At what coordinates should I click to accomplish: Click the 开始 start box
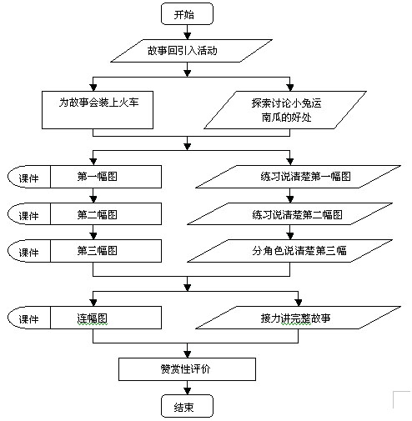pos(187,14)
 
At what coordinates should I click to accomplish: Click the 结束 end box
pos(187,406)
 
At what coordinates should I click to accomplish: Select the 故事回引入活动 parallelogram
pos(191,51)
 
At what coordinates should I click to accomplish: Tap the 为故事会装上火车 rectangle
pos(98,110)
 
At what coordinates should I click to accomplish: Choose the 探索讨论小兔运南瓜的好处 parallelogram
pos(285,110)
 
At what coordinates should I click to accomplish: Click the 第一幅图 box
pos(106,177)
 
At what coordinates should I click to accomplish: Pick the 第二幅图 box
pos(106,214)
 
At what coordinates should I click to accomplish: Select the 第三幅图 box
pos(106,251)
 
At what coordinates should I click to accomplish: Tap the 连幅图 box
pos(106,318)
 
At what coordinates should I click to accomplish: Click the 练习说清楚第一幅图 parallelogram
pos(299,177)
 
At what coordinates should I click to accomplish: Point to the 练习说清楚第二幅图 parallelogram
pos(290,214)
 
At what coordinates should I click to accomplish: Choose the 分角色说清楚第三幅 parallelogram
pos(290,251)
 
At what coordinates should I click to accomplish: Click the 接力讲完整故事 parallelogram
pos(299,318)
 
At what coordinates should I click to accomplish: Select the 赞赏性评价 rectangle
pos(187,369)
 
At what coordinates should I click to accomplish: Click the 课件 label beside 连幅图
pos(28,319)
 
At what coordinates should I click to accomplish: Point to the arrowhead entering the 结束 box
pos(188,391)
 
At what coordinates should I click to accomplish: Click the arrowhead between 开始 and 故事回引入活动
pos(188,36)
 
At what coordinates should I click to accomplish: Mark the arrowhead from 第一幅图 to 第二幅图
pos(93,199)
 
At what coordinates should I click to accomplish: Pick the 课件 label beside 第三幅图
pos(28,253)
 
